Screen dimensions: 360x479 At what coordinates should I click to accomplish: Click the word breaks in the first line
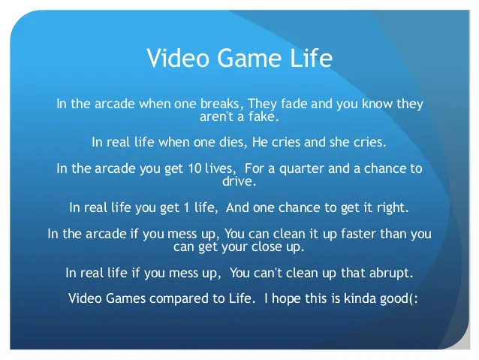click(221, 104)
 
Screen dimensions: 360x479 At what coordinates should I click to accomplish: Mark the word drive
click(239, 182)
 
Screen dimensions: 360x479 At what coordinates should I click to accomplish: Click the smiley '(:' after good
click(412, 298)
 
